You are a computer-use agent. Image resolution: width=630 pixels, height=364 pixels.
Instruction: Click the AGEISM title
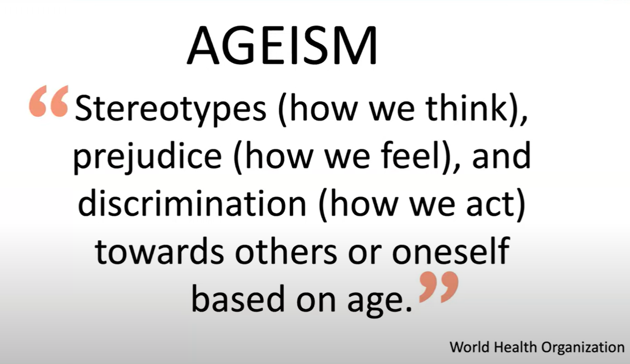point(282,45)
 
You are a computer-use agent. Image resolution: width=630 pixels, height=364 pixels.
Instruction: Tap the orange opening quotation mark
point(49,101)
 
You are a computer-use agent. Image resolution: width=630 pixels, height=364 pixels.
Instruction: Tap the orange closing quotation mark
point(439,287)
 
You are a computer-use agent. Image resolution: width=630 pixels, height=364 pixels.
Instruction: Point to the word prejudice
point(148,157)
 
